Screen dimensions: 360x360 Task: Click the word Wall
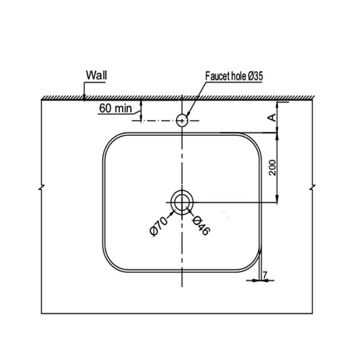coord(96,75)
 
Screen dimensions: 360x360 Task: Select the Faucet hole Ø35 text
coord(234,76)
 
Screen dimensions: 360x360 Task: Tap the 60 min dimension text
coord(116,108)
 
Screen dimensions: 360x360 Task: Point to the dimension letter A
coord(272,117)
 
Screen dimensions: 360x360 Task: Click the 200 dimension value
coord(273,168)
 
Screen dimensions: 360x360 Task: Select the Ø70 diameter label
coord(159,226)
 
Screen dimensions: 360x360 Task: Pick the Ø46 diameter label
coord(201,226)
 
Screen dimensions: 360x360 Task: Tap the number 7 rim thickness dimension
coord(265,274)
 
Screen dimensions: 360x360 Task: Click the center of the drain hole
coord(182,202)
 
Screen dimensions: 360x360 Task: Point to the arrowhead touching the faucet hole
coord(188,115)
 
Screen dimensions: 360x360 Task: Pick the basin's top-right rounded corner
coord(254,140)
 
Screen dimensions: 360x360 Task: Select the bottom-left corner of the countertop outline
coord(41,313)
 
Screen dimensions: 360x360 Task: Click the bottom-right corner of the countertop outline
coord(312,313)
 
